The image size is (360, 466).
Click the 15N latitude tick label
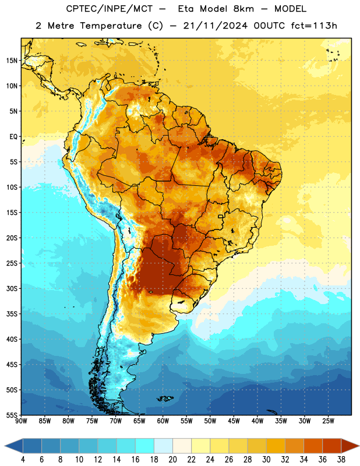(12, 61)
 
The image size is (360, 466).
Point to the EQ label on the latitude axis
(13, 137)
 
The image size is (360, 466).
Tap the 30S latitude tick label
(12, 288)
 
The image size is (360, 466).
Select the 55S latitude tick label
(12, 415)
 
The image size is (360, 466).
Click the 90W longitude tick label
(21, 421)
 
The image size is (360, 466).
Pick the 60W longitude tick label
(163, 421)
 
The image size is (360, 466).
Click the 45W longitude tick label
(234, 421)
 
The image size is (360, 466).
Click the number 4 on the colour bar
(23, 460)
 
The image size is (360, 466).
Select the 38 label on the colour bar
(341, 460)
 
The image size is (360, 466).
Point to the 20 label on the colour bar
(172, 460)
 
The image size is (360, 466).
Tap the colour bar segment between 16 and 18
(145, 446)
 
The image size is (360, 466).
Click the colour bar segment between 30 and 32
(276, 446)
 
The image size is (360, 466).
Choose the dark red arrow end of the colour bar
(350, 446)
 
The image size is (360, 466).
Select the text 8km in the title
(243, 9)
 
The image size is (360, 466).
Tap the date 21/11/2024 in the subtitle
(215, 26)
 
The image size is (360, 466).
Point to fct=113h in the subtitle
(314, 26)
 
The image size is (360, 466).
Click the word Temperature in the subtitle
(111, 26)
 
